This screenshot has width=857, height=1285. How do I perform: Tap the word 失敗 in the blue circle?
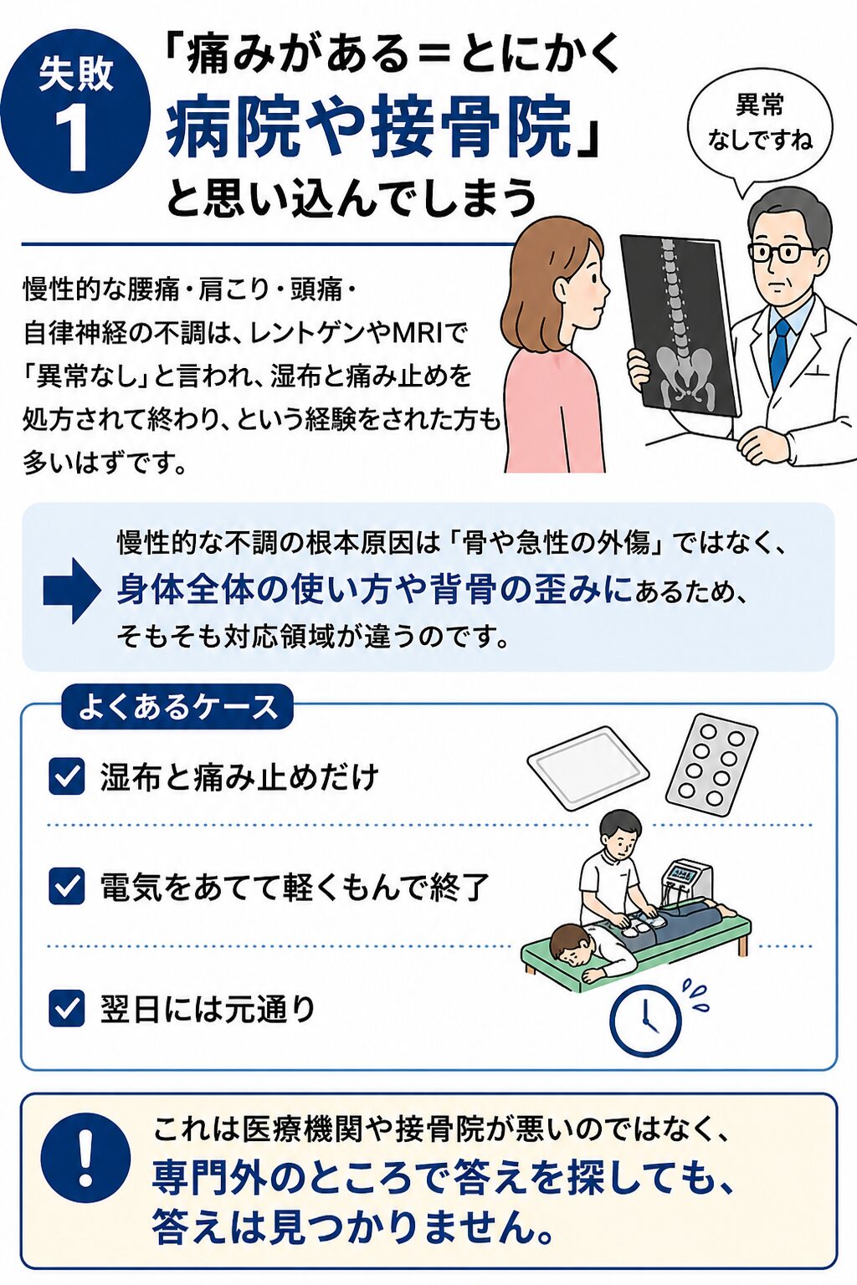coord(75,74)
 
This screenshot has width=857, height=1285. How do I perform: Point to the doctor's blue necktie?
coord(779,351)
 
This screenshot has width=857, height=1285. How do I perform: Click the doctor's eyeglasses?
coord(782,252)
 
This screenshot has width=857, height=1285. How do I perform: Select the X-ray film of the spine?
coord(680,326)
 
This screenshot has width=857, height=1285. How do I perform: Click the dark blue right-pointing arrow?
coord(72,590)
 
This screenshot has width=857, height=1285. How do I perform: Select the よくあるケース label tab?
coord(177,707)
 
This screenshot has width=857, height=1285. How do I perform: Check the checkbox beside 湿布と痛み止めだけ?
coord(67,776)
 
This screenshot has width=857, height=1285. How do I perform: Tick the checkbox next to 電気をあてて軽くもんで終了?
coord(67,886)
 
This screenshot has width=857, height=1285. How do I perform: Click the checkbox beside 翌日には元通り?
coord(67,1008)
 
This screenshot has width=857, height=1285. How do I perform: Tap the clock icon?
coord(645,1021)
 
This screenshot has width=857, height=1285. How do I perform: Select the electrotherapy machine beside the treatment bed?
coord(687,883)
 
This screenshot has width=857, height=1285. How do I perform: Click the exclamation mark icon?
coord(85,1158)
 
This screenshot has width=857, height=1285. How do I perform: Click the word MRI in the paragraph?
coord(417,333)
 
